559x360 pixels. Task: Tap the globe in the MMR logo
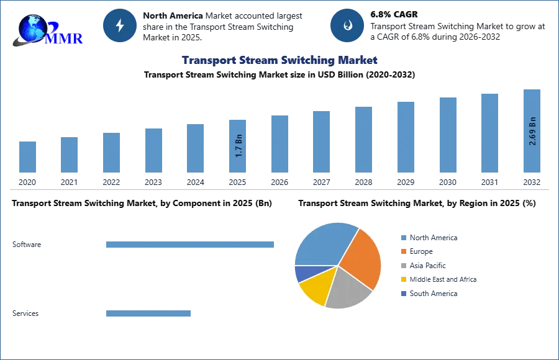point(32,28)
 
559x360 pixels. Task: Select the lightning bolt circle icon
point(120,25)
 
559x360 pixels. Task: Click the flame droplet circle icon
point(347,25)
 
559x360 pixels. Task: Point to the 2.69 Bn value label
point(532,131)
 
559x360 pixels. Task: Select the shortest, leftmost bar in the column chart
point(27,156)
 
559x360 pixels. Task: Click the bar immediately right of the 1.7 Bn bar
point(278,144)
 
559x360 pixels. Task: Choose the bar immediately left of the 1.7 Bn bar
point(194,149)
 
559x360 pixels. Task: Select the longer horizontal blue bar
point(191,244)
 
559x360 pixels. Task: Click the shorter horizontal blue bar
point(148,313)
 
